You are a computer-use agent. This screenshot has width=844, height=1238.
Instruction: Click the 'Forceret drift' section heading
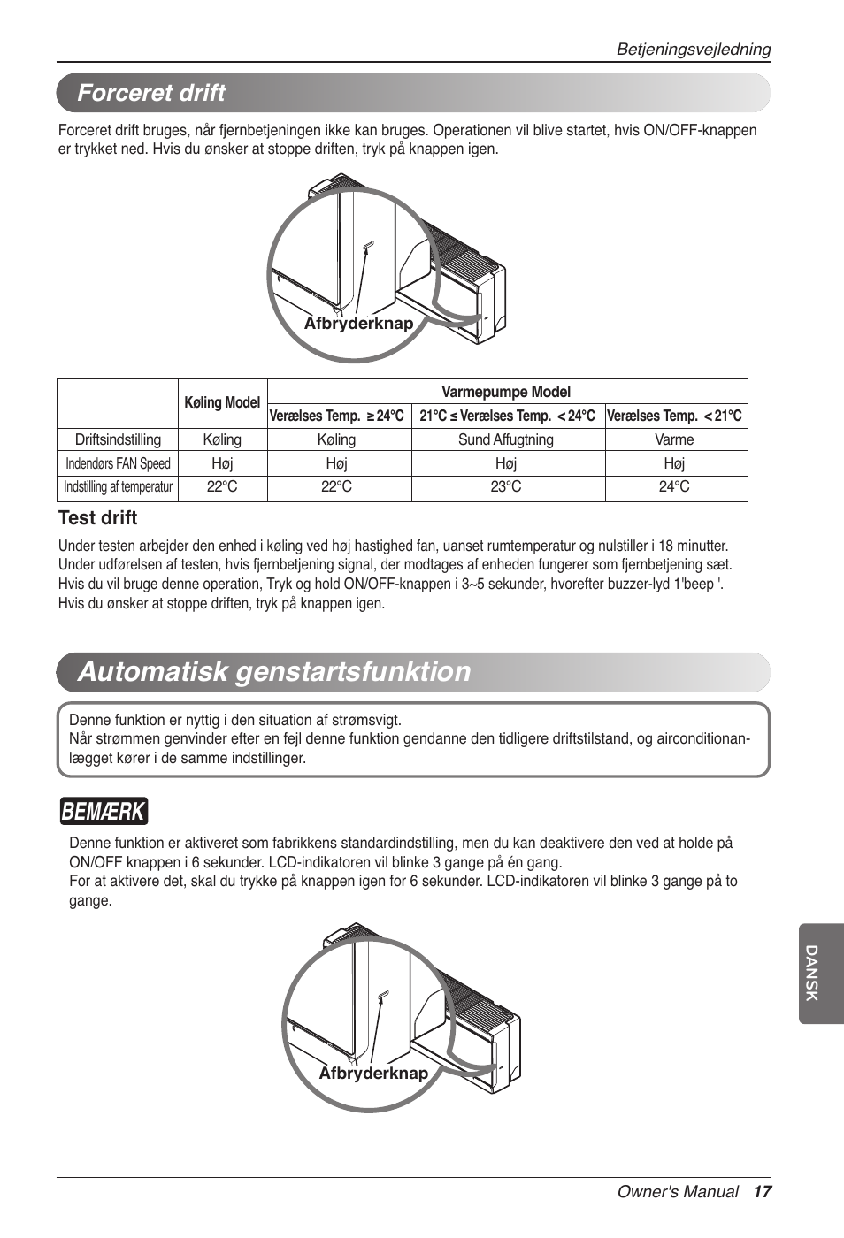pyautogui.click(x=151, y=93)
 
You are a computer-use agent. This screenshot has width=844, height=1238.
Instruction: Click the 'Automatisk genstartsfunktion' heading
pyautogui.click(x=274, y=672)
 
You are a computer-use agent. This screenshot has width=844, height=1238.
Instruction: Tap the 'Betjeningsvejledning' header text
pyautogui.click(x=693, y=50)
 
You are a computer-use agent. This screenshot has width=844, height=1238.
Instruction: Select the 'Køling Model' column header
pyautogui.click(x=222, y=403)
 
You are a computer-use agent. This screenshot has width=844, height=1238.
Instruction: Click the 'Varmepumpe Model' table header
pyautogui.click(x=506, y=392)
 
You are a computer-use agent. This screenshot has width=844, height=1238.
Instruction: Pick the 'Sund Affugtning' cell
pyautogui.click(x=506, y=440)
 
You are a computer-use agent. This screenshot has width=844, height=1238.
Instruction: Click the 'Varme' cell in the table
pyautogui.click(x=674, y=440)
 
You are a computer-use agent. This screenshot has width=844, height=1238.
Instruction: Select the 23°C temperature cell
pyautogui.click(x=506, y=487)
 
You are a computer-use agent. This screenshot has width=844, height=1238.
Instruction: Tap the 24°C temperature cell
pyautogui.click(x=674, y=487)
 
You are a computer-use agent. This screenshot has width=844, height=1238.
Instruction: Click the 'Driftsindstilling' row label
pyautogui.click(x=118, y=440)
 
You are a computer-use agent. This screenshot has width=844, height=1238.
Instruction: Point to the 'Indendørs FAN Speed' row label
pyautogui.click(x=118, y=463)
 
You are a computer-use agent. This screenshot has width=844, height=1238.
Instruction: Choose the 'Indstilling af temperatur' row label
pyautogui.click(x=118, y=487)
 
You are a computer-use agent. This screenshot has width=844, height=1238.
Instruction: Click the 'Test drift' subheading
pyautogui.click(x=97, y=518)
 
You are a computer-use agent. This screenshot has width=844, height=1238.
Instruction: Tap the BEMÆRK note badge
pyautogui.click(x=104, y=811)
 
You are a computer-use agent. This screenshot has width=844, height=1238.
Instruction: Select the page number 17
pyautogui.click(x=762, y=1192)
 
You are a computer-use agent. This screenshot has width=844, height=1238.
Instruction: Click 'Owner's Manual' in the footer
pyautogui.click(x=677, y=1192)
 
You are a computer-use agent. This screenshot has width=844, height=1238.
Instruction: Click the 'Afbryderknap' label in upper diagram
pyautogui.click(x=358, y=324)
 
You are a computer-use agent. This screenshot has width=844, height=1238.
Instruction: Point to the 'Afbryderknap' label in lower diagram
pyautogui.click(x=373, y=1074)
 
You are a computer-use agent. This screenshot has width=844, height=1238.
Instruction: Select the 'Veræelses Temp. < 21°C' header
pyautogui.click(x=674, y=416)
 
